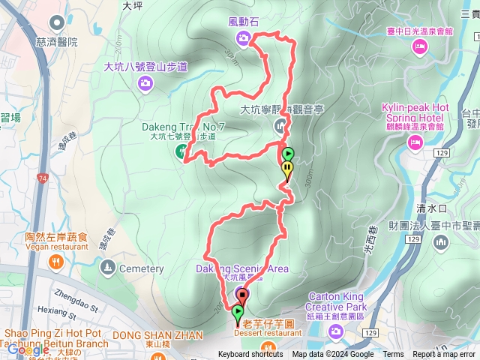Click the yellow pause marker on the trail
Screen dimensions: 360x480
pos(286,169)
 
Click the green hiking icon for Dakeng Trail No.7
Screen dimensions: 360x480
pos(181,151)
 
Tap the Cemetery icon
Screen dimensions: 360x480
pos(109,268)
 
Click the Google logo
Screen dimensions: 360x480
pos(28,349)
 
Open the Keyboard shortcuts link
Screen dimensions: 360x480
pos(250,355)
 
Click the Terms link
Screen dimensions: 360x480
pos(393,355)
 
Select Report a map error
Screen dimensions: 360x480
pos(444,355)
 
